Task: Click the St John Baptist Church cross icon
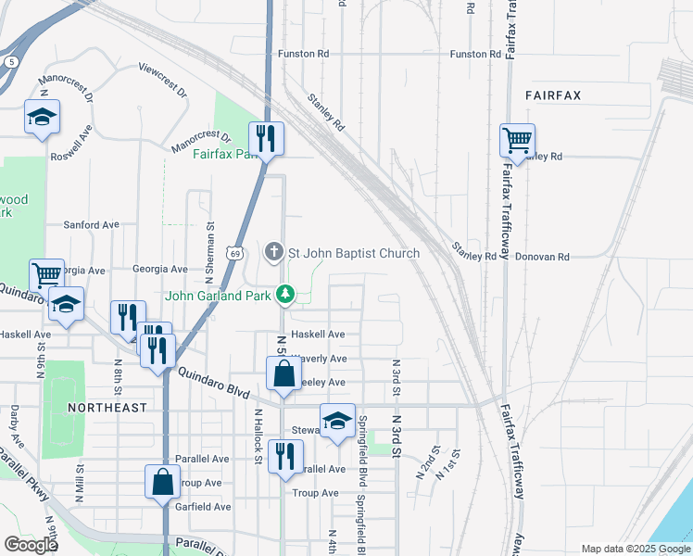273,252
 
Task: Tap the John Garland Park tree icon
286,295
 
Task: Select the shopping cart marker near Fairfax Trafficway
517,141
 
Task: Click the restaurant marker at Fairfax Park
266,139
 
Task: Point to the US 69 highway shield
236,253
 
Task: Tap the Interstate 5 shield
10,61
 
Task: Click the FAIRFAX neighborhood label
552,95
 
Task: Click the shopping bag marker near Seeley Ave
283,374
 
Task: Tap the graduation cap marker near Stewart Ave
337,420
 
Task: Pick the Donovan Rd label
542,257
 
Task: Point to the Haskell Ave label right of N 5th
318,334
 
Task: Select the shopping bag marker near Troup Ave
162,482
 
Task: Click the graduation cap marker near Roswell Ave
42,117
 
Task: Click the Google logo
31,545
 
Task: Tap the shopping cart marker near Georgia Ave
46,275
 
